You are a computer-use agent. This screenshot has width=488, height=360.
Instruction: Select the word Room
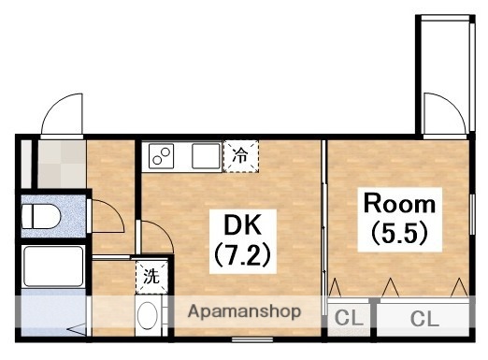[x=399, y=204]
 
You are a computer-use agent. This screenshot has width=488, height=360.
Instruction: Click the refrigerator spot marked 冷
[x=240, y=155]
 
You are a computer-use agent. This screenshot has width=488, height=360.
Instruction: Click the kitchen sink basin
[x=206, y=156]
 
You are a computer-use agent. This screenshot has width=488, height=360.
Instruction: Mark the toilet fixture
[x=40, y=217]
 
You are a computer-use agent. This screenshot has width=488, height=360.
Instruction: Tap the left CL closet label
[x=348, y=319]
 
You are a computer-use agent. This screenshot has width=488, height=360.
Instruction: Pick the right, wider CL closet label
[x=424, y=319]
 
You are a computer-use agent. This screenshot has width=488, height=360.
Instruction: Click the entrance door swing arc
[x=63, y=116]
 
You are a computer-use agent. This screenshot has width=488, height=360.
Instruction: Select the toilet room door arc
[x=108, y=214]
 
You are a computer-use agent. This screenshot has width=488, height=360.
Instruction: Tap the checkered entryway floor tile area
[x=60, y=165]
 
